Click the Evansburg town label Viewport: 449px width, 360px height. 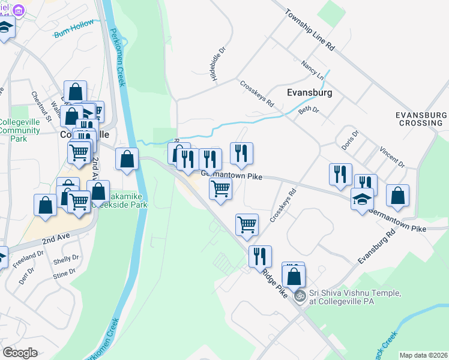coord(309,93)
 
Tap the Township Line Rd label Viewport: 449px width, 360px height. coord(309,30)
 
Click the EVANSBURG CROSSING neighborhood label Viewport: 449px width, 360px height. coord(421,118)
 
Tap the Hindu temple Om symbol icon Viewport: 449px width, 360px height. coord(299,295)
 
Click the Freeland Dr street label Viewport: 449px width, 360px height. coord(28,258)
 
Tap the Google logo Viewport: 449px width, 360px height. coord(20,353)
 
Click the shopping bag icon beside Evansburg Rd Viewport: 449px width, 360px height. coord(397,194)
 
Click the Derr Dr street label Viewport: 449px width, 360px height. coord(26,275)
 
